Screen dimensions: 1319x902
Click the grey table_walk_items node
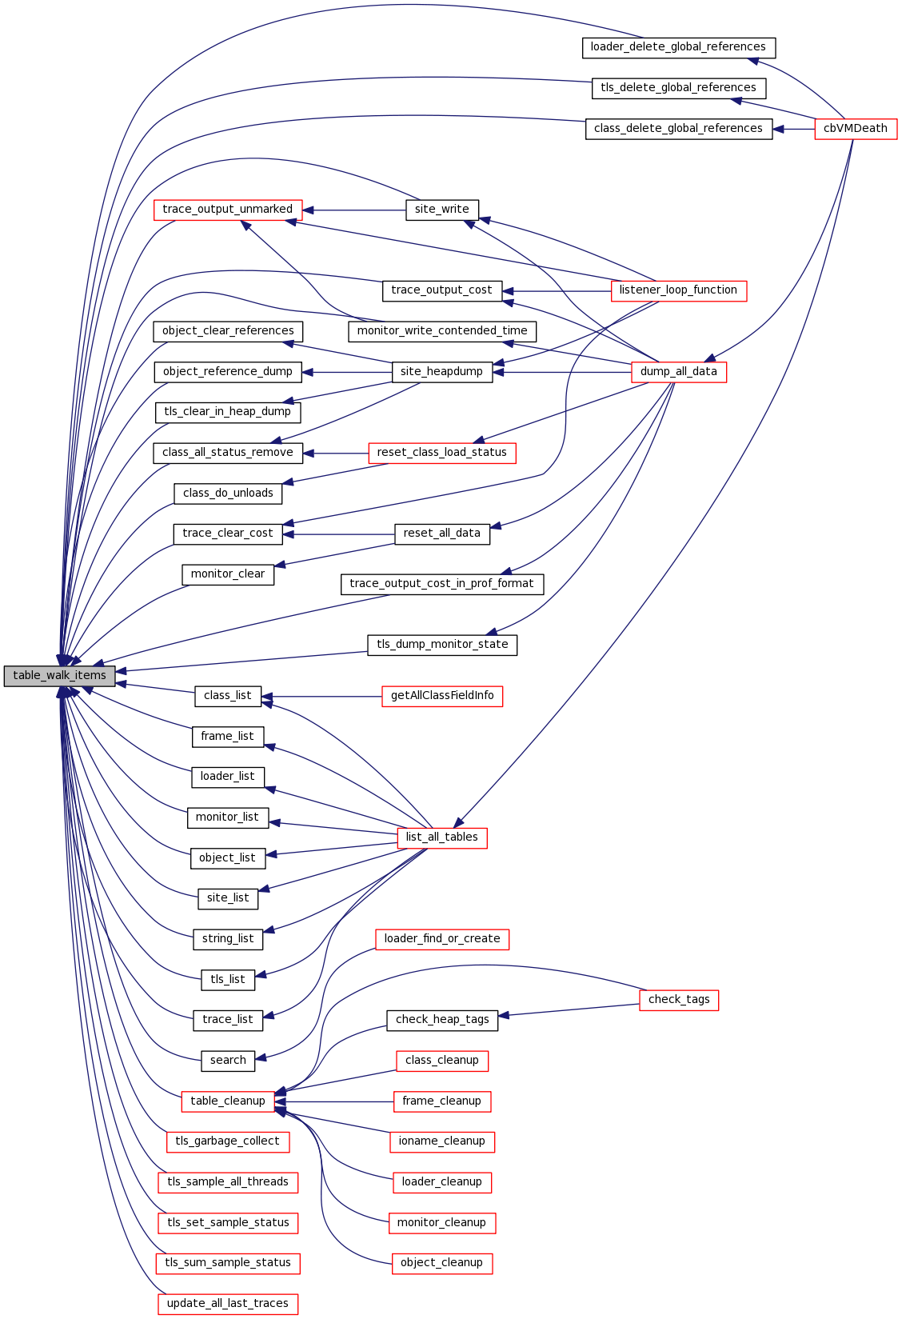pos(59,676)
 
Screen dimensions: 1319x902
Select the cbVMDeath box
pos(856,129)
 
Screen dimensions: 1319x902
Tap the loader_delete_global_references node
pos(678,47)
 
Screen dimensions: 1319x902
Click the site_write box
pos(441,210)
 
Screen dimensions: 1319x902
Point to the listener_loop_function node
pos(678,290)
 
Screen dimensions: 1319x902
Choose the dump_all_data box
pos(678,372)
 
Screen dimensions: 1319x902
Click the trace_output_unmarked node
pos(227,210)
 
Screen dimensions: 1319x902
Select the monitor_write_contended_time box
pos(441,331)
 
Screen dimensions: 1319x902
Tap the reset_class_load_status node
pos(441,453)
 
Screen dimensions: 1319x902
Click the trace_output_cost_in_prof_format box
pos(441,584)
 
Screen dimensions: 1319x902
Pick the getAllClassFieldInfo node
pos(441,696)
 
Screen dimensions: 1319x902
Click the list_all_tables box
pos(441,837)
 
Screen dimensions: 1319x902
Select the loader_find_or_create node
pos(441,939)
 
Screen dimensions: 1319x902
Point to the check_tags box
pos(679,1000)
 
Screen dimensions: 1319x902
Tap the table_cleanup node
pos(227,1101)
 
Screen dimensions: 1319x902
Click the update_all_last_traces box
pos(227,1304)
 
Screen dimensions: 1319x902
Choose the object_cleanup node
pos(441,1263)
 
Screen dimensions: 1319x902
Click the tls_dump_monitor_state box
pos(441,645)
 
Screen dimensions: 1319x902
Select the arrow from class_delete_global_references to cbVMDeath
pos(793,129)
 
